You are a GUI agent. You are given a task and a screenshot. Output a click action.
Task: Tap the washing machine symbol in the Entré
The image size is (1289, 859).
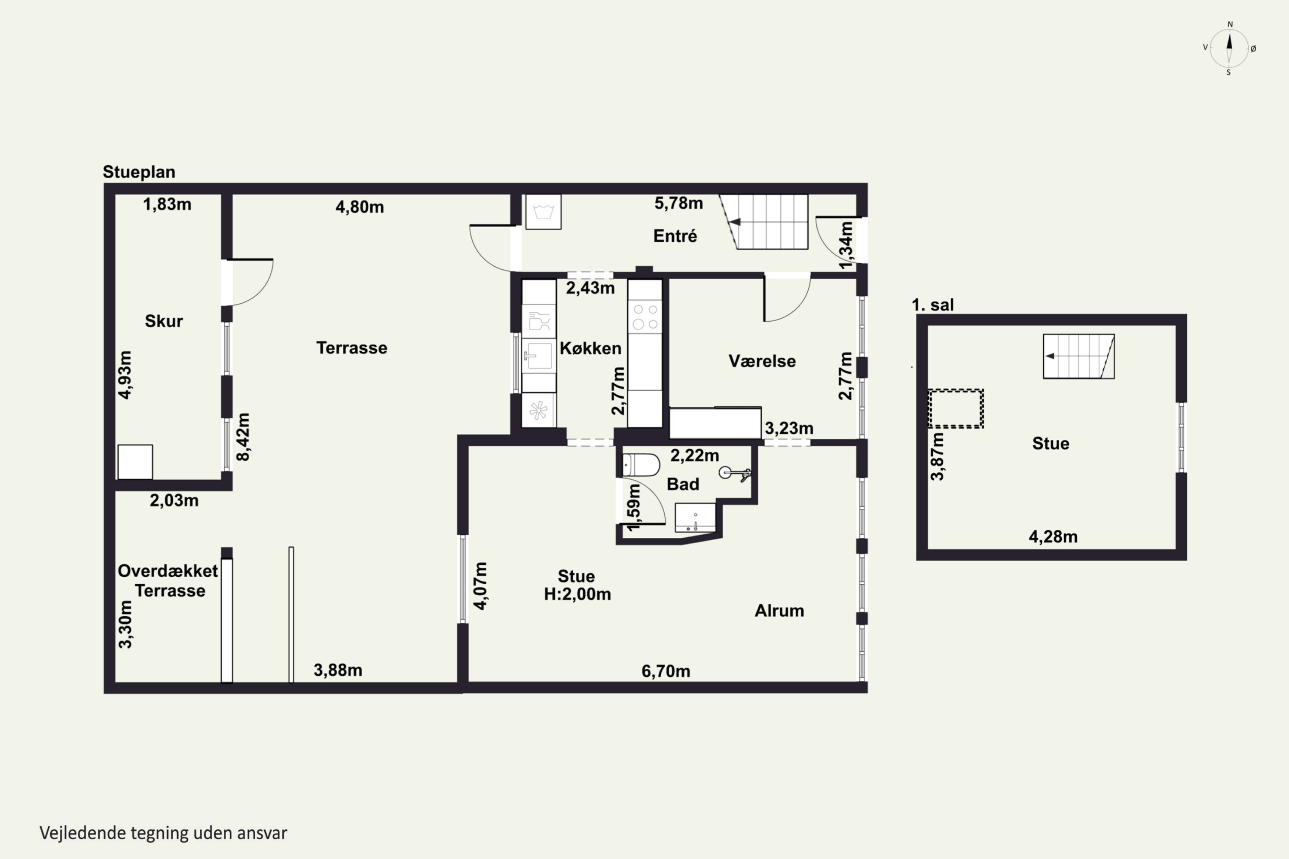[543, 211]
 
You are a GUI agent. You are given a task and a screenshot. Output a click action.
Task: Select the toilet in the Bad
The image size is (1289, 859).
[641, 465]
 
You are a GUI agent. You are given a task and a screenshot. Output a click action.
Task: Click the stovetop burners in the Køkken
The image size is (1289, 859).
[645, 316]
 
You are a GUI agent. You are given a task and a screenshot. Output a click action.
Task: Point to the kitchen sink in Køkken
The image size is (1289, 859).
[539, 356]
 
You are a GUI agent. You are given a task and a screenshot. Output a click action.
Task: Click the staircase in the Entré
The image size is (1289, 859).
[764, 222]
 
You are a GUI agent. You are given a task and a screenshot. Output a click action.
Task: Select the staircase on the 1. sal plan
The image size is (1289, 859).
[1078, 356]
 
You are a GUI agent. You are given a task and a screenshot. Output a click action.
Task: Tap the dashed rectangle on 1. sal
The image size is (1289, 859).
[956, 408]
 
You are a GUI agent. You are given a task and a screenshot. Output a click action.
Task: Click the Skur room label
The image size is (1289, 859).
[163, 320]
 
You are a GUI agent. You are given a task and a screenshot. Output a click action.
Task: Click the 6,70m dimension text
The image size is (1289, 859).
[666, 670]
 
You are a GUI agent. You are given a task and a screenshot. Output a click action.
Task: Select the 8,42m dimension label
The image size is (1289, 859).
[243, 437]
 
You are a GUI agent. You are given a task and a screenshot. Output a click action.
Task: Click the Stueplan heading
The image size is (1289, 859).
[139, 172]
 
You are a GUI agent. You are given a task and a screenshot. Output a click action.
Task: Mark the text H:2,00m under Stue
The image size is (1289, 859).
[577, 594]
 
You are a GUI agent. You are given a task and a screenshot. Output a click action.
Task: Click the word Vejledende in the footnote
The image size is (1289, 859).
[83, 833]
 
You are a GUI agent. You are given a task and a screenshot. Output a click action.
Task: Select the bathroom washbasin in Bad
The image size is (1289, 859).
[695, 517]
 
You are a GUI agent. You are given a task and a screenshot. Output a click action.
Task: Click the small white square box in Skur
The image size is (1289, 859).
[135, 462]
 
